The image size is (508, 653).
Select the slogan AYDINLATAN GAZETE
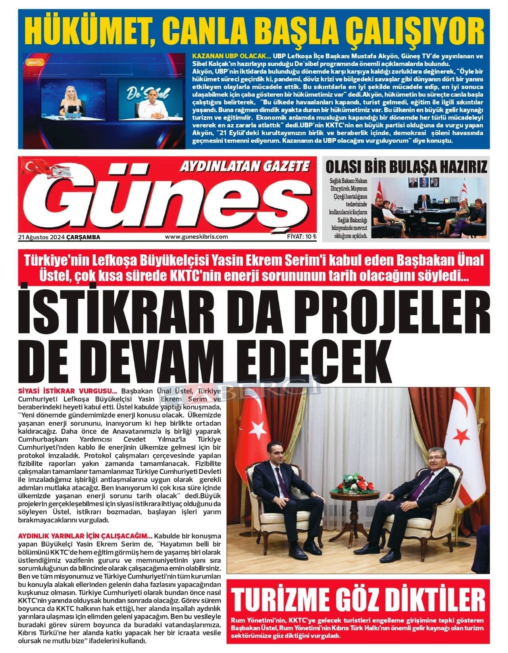(x=244, y=166)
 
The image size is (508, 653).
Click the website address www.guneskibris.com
(x=196, y=237)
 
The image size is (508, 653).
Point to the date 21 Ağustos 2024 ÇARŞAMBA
(x=59, y=237)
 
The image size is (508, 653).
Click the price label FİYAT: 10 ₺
(x=302, y=237)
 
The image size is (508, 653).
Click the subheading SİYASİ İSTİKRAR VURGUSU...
(x=67, y=390)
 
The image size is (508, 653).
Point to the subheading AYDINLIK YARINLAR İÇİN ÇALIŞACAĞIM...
(x=85, y=536)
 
